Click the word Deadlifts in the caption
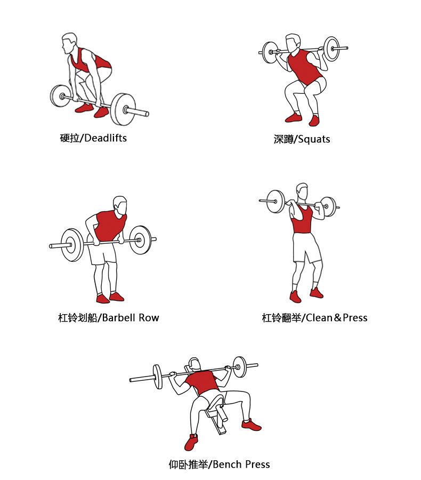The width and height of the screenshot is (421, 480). point(106,138)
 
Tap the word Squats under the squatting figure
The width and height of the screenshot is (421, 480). point(314,139)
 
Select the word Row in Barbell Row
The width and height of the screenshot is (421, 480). point(149,317)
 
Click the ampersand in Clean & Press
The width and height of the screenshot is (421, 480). point(338,317)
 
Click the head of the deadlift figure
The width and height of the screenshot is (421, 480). point(69,43)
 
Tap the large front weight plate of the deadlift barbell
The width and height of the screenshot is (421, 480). point(123,109)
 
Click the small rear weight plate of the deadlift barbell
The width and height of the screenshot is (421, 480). point(60,96)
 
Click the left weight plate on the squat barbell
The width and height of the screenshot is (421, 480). point(270,52)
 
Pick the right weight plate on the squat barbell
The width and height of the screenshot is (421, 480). point(331,49)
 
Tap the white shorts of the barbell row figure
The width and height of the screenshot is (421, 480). point(102,253)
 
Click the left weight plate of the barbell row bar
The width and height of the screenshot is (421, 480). point(72,245)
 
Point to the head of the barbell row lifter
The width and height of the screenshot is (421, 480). point(120,206)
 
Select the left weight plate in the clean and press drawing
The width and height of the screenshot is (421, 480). point(276,201)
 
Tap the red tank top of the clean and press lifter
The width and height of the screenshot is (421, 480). point(302,221)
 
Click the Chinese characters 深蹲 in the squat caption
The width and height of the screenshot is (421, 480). point(284,139)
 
